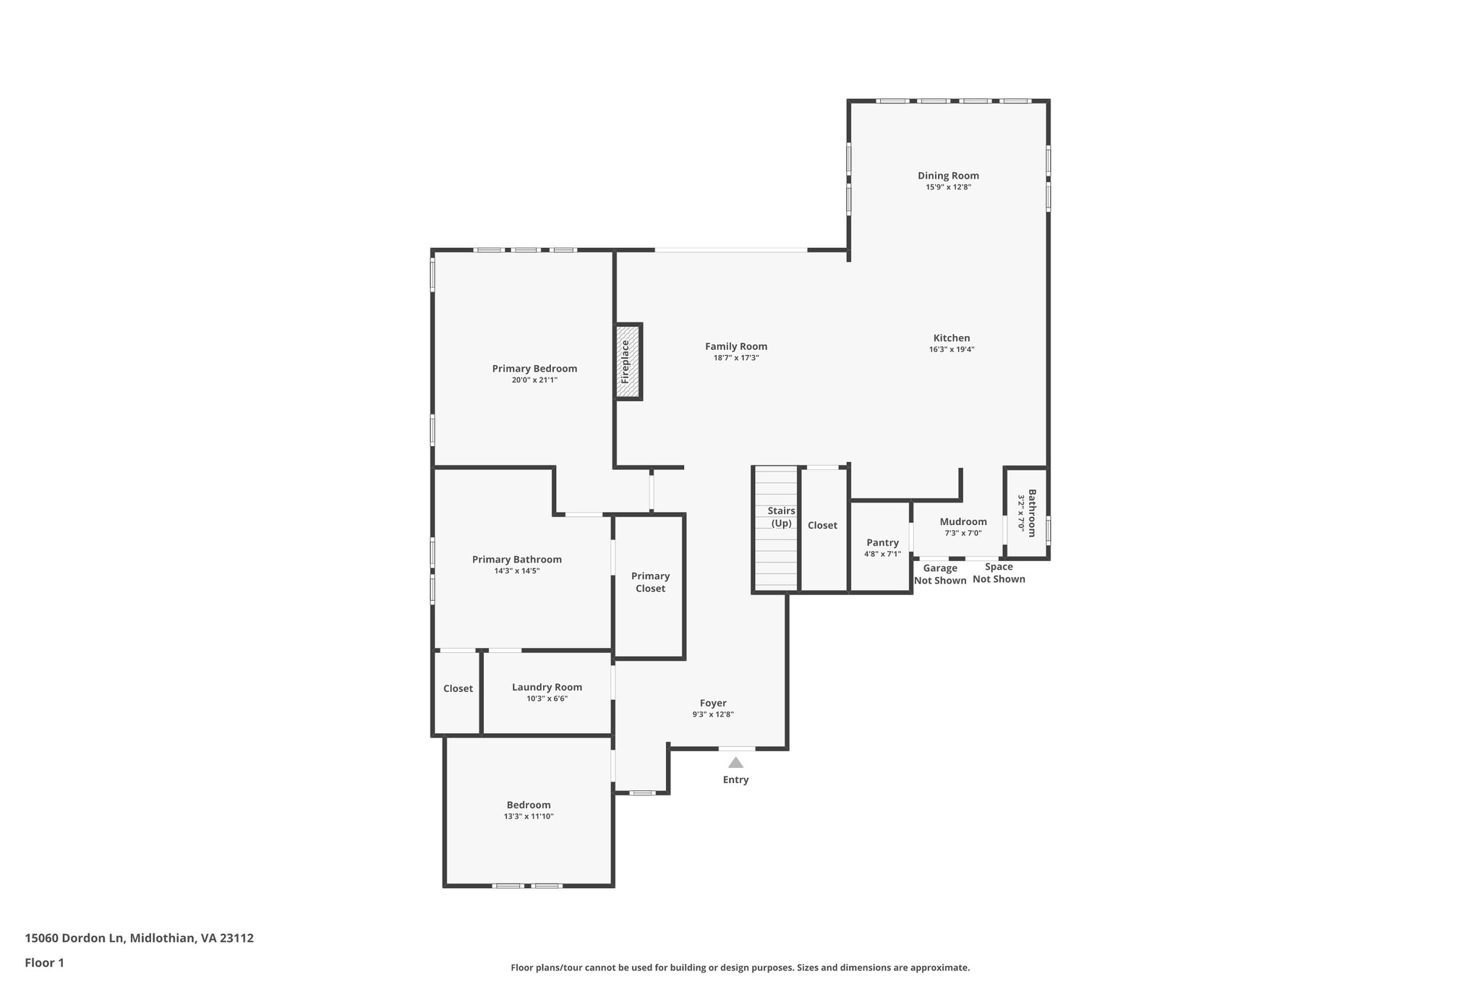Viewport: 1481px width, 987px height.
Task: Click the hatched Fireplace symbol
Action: click(x=628, y=362)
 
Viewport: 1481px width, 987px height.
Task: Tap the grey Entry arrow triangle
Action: click(x=735, y=762)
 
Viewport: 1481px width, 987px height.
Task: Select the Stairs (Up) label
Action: click(x=781, y=517)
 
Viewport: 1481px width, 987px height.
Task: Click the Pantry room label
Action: click(x=882, y=542)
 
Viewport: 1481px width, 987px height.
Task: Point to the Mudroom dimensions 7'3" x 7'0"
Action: click(x=963, y=533)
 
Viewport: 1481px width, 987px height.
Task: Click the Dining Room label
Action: click(x=948, y=175)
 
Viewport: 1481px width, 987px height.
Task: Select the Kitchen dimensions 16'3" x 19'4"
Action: click(x=952, y=349)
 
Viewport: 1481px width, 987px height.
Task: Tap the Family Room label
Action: click(x=736, y=346)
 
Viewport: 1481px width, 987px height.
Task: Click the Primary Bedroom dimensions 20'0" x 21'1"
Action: click(x=534, y=380)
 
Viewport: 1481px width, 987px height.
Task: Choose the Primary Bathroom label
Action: click(x=516, y=559)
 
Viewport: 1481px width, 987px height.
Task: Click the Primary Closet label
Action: click(x=650, y=582)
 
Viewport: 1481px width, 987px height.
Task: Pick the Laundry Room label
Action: click(x=547, y=687)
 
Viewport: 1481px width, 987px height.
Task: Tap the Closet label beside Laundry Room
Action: click(x=458, y=688)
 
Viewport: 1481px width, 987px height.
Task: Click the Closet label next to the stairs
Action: click(x=822, y=525)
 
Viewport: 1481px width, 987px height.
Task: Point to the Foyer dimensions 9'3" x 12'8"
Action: click(x=712, y=714)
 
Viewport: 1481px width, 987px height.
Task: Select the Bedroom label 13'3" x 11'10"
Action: click(x=529, y=805)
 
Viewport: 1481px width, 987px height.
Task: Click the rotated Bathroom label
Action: click(x=1032, y=513)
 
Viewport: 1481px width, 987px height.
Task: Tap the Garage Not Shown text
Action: click(x=940, y=574)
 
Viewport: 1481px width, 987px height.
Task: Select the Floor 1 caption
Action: click(x=44, y=962)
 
